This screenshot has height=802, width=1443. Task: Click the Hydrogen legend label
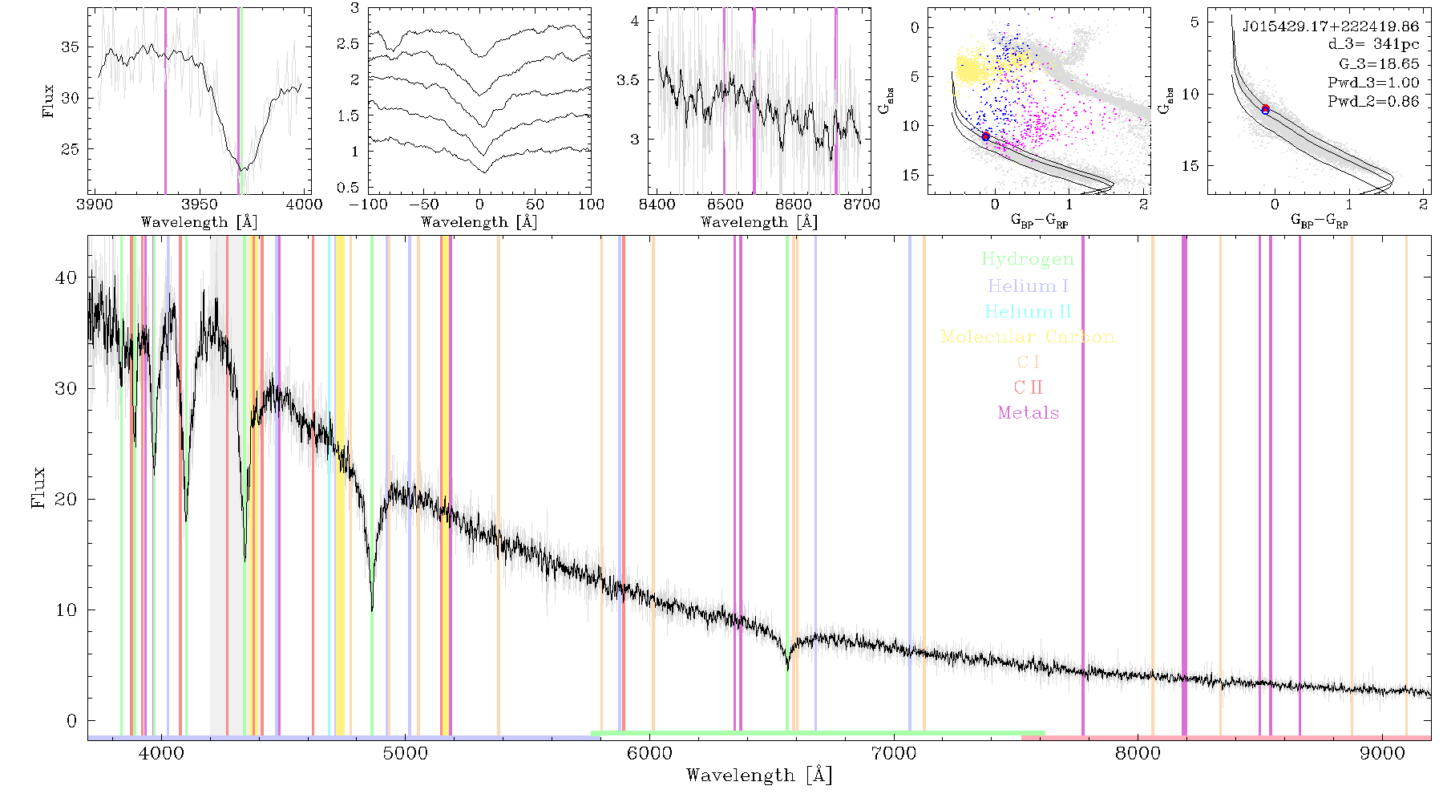tap(1027, 259)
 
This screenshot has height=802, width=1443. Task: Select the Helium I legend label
tap(1028, 286)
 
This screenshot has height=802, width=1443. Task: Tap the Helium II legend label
tap(1028, 311)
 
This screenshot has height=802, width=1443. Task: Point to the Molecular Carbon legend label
tap(1028, 337)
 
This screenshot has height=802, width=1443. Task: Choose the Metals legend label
tap(1028, 413)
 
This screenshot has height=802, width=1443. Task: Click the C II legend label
tap(1028, 387)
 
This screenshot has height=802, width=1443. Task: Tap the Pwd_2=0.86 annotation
tap(1373, 101)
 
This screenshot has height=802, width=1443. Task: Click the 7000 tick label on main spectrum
tap(894, 754)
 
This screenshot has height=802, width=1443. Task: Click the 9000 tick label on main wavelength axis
tap(1382, 754)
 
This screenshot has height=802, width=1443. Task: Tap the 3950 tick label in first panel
tap(200, 205)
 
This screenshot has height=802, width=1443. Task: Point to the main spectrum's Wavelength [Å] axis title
tap(759, 775)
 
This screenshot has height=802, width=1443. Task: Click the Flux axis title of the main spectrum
tap(38, 487)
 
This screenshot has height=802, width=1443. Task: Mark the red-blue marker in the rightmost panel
tap(1266, 109)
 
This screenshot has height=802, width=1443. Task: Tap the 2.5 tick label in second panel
tap(348, 43)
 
